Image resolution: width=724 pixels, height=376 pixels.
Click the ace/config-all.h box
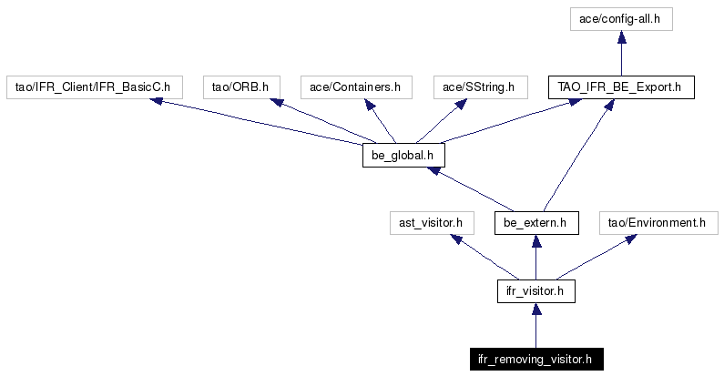pyautogui.click(x=621, y=19)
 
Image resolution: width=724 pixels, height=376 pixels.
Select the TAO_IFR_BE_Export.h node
pyautogui.click(x=621, y=87)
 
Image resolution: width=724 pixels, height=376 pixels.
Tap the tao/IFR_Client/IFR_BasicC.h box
pyautogui.click(x=94, y=87)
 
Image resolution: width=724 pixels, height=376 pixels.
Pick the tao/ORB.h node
pyautogui.click(x=241, y=87)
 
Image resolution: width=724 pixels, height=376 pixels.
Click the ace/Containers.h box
pyautogui.click(x=356, y=87)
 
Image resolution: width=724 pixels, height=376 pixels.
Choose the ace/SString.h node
pyautogui.click(x=480, y=87)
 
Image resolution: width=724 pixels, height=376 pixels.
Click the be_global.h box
pyautogui.click(x=403, y=156)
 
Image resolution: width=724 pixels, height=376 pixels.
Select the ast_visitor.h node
pyautogui.click(x=432, y=223)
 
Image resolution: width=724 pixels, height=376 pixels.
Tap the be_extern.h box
pyautogui.click(x=536, y=223)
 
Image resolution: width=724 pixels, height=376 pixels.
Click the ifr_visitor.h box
pyautogui.click(x=536, y=291)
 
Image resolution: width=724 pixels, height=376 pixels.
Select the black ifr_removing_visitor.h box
pyautogui.click(x=536, y=359)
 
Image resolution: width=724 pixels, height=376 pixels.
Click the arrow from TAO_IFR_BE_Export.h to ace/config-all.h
pyautogui.click(x=621, y=53)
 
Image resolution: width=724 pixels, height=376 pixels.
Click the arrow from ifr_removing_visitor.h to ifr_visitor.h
pyautogui.click(x=536, y=325)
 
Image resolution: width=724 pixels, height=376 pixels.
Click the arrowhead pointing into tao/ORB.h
pyautogui.click(x=276, y=102)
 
